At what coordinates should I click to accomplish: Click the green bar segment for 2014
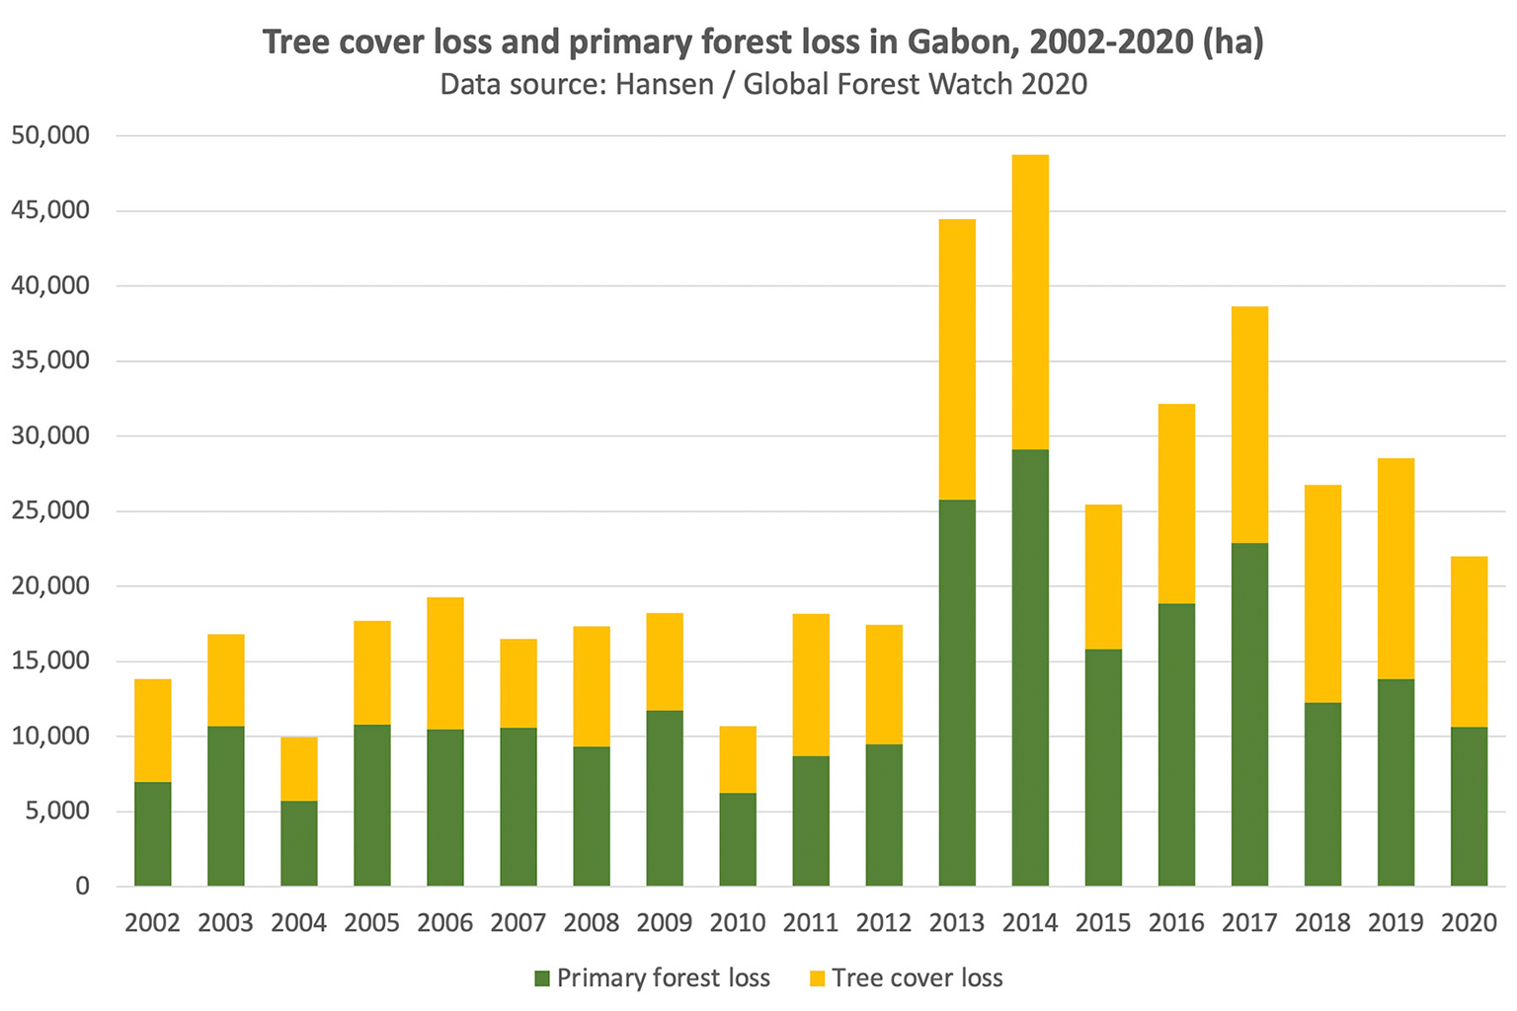1030,667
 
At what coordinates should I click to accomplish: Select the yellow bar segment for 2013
957,359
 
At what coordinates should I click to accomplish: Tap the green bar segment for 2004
299,843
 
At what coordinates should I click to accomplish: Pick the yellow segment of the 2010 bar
738,759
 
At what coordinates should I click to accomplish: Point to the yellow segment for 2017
1249,425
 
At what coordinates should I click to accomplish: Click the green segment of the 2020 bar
1469,806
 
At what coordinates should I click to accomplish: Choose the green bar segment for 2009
665,798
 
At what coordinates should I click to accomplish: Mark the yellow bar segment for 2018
1322,593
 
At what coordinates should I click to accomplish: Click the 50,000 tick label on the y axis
50,135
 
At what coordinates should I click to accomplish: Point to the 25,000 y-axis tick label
50,510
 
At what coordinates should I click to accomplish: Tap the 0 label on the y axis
82,886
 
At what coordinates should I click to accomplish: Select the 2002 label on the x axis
153,923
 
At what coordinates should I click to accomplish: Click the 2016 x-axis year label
1176,923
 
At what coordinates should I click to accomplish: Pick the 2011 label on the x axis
811,923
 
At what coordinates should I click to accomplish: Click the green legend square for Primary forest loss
541,978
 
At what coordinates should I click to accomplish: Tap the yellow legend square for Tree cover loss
817,978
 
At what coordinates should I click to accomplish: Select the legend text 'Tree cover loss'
917,978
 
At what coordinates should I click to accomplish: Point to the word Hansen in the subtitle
664,84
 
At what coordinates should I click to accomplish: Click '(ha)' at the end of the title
1233,42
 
